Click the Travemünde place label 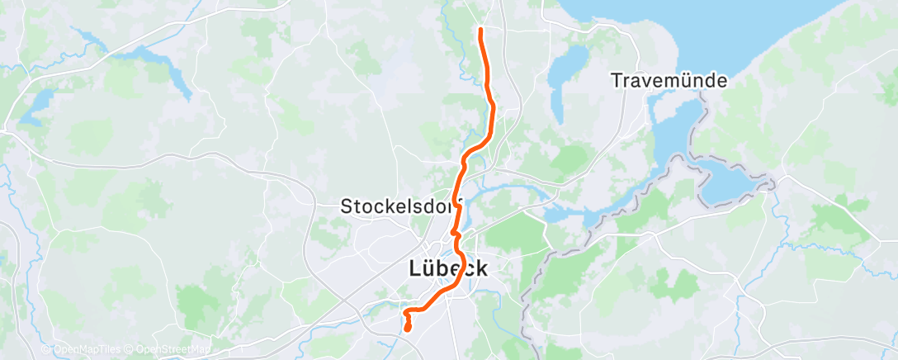(669, 81)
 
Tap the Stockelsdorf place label (401, 207)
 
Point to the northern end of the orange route (480, 31)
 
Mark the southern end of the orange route (408, 329)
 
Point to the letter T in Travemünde (616, 81)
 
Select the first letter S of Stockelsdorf (346, 207)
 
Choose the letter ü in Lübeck (431, 268)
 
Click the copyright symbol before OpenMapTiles (46, 350)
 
